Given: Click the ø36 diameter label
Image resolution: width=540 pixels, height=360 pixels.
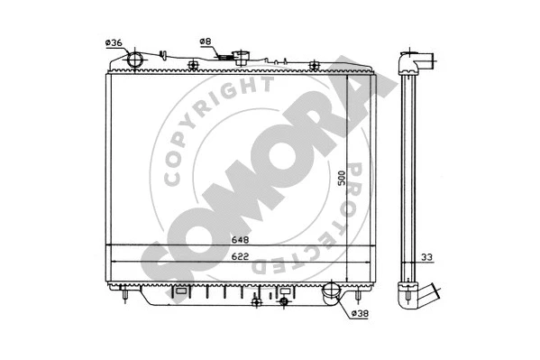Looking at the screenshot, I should tap(114, 42).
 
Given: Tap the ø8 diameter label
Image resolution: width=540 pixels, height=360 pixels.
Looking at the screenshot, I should tap(205, 41).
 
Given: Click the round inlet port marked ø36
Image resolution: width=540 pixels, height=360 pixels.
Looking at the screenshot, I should tap(134, 60).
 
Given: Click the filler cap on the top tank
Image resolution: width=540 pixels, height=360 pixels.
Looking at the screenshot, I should tap(242, 55).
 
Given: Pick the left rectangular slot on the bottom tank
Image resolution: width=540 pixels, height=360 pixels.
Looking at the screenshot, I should tap(180, 291).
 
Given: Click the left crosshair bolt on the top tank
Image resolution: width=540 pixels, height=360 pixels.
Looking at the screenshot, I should tap(193, 64).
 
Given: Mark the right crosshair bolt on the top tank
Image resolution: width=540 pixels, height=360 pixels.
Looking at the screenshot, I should tap(313, 64).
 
